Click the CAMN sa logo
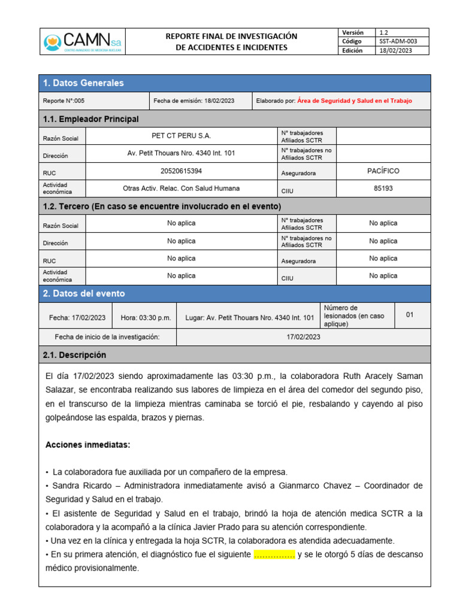click(x=82, y=42)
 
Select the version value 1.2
click(x=384, y=32)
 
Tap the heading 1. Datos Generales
click(x=83, y=83)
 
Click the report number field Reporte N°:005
click(x=68, y=101)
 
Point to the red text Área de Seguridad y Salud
click(x=354, y=101)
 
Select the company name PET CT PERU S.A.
click(x=181, y=136)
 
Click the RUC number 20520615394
click(x=181, y=171)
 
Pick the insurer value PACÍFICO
click(x=383, y=171)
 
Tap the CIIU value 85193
click(x=383, y=189)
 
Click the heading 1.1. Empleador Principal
click(x=91, y=119)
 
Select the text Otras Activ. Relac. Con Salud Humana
click(x=181, y=189)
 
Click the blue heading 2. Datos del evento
click(x=84, y=294)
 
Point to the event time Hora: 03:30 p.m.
click(x=146, y=318)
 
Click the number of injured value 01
click(x=410, y=315)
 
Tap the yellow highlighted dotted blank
click(x=274, y=555)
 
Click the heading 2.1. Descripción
click(x=74, y=355)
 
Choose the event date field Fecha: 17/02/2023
click(x=77, y=318)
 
